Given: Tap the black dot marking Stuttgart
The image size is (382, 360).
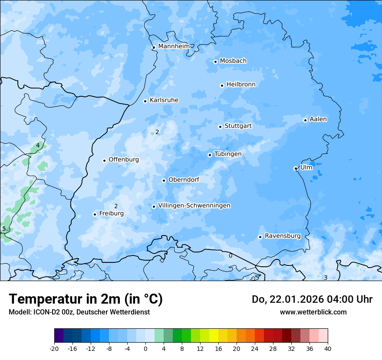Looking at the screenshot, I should [x=220, y=127].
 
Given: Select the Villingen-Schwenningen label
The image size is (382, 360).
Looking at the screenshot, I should [x=194, y=206].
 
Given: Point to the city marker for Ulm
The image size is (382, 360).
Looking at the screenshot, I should [x=296, y=168].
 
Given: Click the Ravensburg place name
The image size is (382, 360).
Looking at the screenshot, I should [x=283, y=236].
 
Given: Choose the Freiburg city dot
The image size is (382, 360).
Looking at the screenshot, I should [x=95, y=214].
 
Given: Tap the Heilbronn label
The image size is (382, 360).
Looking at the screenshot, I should [x=241, y=85].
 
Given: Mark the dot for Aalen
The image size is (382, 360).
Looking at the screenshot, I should [x=305, y=120].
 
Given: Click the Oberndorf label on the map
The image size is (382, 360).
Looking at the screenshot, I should [x=184, y=180].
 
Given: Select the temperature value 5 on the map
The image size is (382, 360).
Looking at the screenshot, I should [x=4, y=229].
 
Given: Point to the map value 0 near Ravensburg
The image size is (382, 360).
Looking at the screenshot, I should [x=231, y=255].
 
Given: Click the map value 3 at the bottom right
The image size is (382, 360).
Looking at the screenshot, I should [x=326, y=278].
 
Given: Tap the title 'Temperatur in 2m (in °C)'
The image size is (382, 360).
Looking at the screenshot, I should [x=86, y=299].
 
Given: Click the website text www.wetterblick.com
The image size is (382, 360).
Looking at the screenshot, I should [x=313, y=312].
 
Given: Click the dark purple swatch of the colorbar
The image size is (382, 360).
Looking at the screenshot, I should [x=59, y=336].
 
